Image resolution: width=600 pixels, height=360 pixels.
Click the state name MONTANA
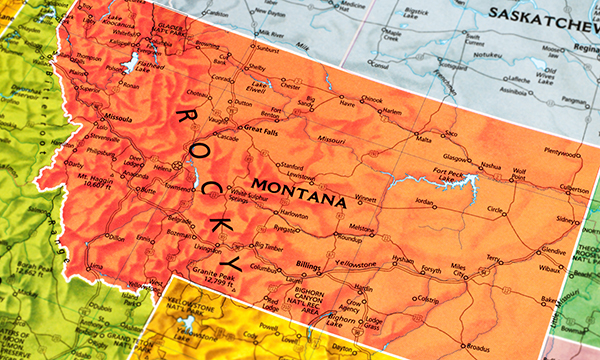tap(300, 192)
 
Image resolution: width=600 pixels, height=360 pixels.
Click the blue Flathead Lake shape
tap(128, 66)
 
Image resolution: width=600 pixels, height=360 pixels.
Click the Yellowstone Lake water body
tap(184, 324)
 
